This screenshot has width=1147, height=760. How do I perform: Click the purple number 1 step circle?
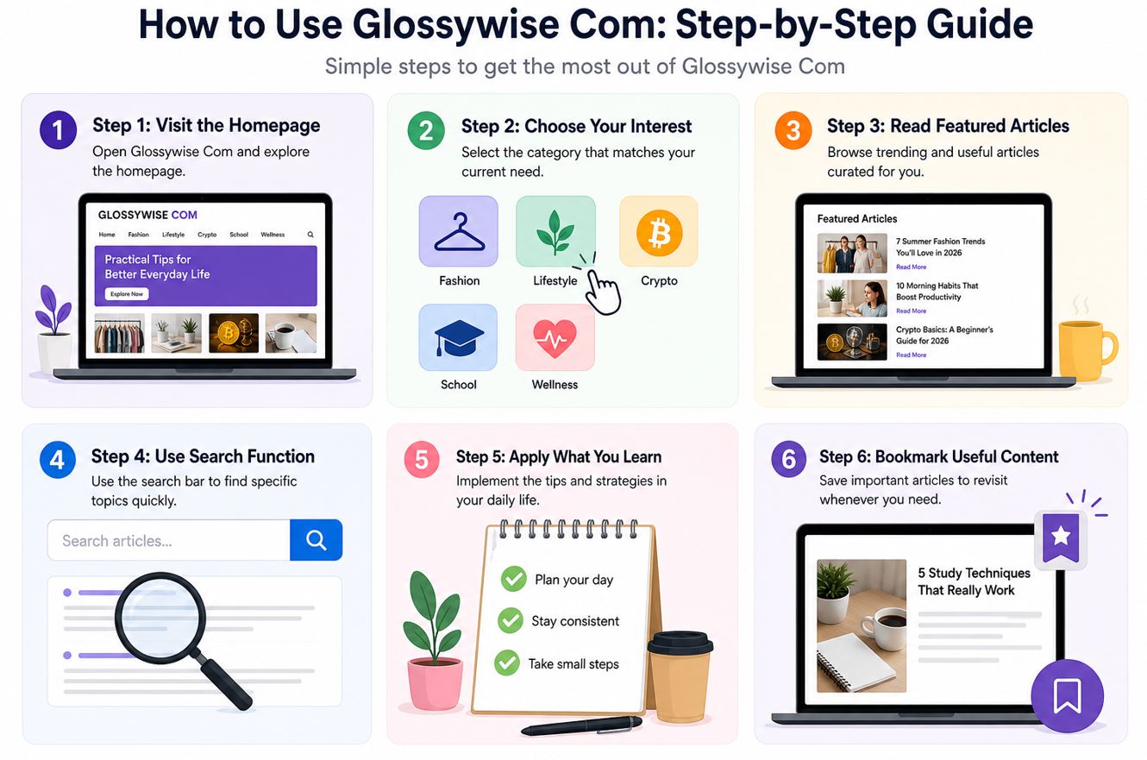[58, 130]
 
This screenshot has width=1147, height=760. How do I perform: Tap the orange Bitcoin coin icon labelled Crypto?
[659, 233]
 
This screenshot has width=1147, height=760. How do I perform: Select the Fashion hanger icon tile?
[458, 231]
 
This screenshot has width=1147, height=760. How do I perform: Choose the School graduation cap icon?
[459, 337]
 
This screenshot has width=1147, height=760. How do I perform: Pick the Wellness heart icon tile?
[555, 337]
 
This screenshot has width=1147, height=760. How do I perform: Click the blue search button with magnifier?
[316, 540]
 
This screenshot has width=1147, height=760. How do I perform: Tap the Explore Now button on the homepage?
[127, 294]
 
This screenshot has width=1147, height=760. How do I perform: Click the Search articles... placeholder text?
[116, 541]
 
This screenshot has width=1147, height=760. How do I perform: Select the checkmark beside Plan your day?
[513, 579]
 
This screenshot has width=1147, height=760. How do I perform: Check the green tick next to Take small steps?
[507, 663]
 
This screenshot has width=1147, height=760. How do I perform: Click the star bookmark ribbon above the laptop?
[1061, 538]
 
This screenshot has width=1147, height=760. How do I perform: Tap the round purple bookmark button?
[1067, 696]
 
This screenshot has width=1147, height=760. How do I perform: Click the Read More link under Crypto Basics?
[911, 355]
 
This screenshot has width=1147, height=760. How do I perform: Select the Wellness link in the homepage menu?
[273, 235]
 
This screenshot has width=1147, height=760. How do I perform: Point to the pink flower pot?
[435, 683]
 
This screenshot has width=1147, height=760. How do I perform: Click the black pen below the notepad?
[581, 725]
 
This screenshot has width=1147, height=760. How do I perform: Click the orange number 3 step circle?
[793, 130]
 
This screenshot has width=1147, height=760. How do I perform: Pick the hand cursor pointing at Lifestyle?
[603, 292]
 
